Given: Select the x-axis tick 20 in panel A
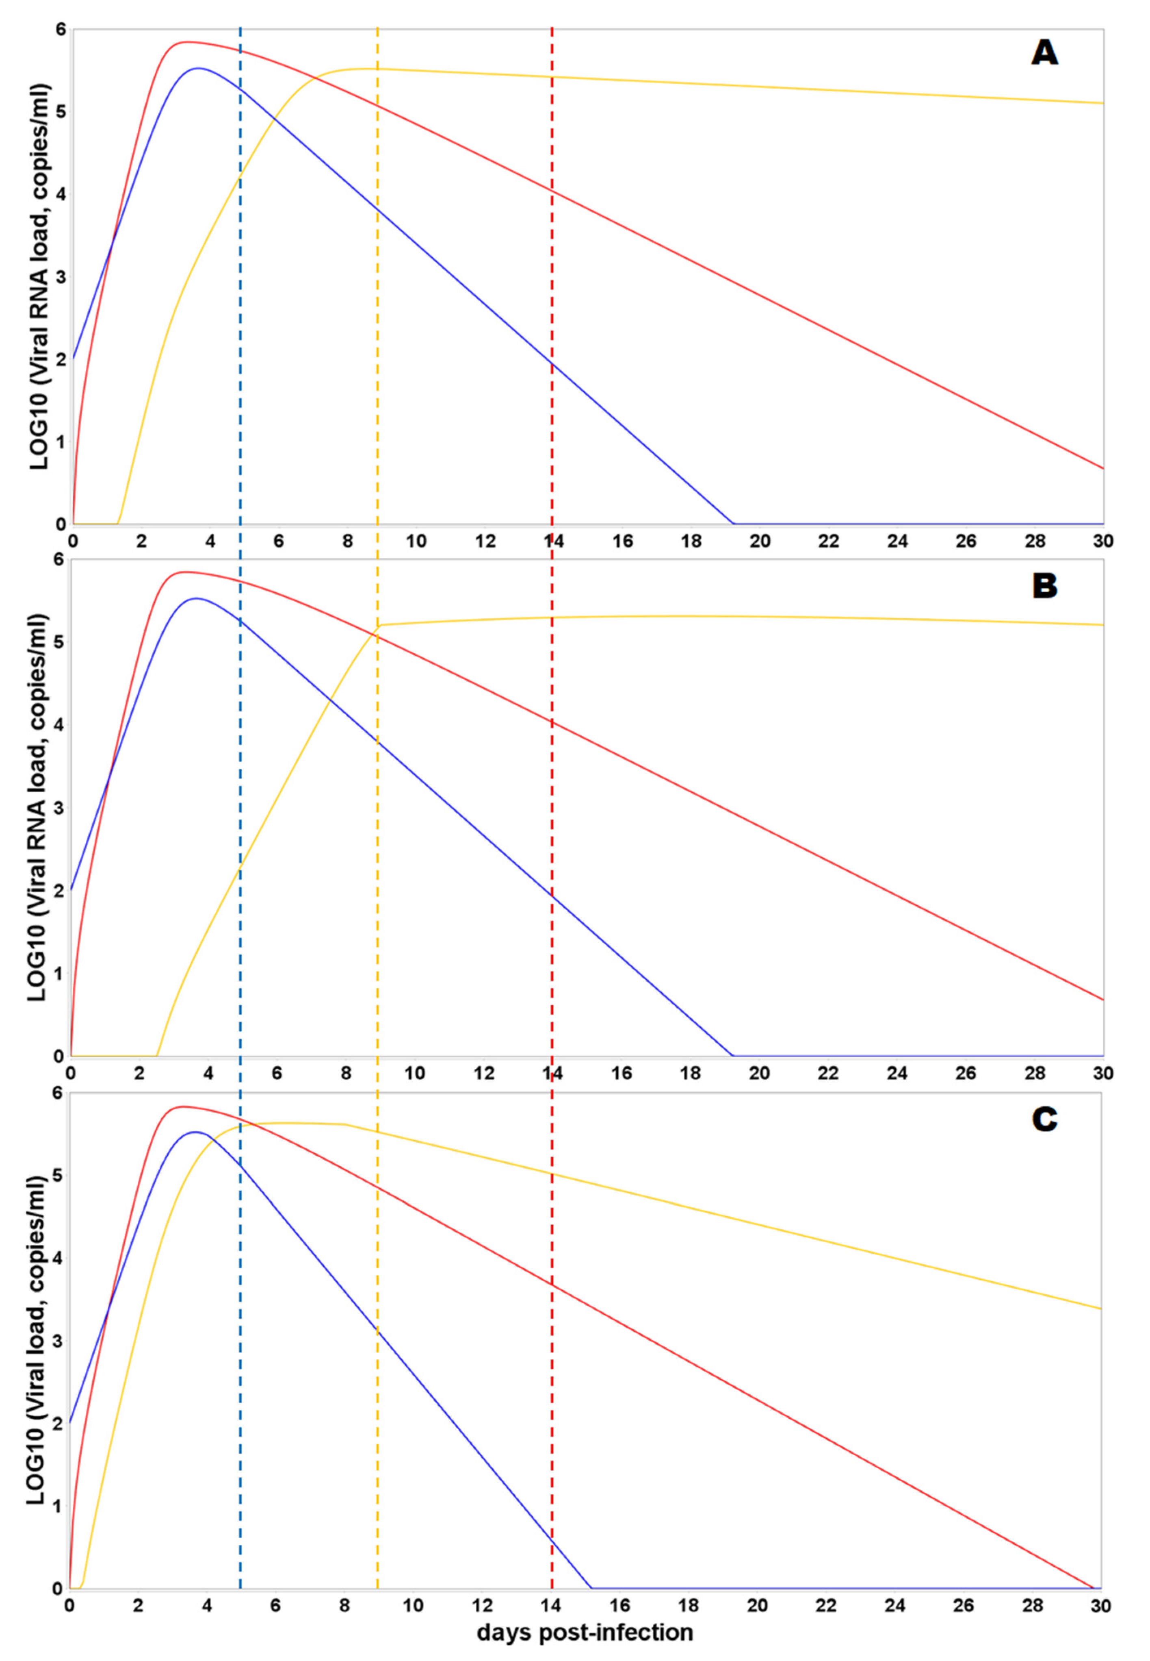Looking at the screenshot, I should (760, 541).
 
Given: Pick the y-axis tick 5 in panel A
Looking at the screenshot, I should (61, 112).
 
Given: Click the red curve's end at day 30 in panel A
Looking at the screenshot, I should (1102, 469).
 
